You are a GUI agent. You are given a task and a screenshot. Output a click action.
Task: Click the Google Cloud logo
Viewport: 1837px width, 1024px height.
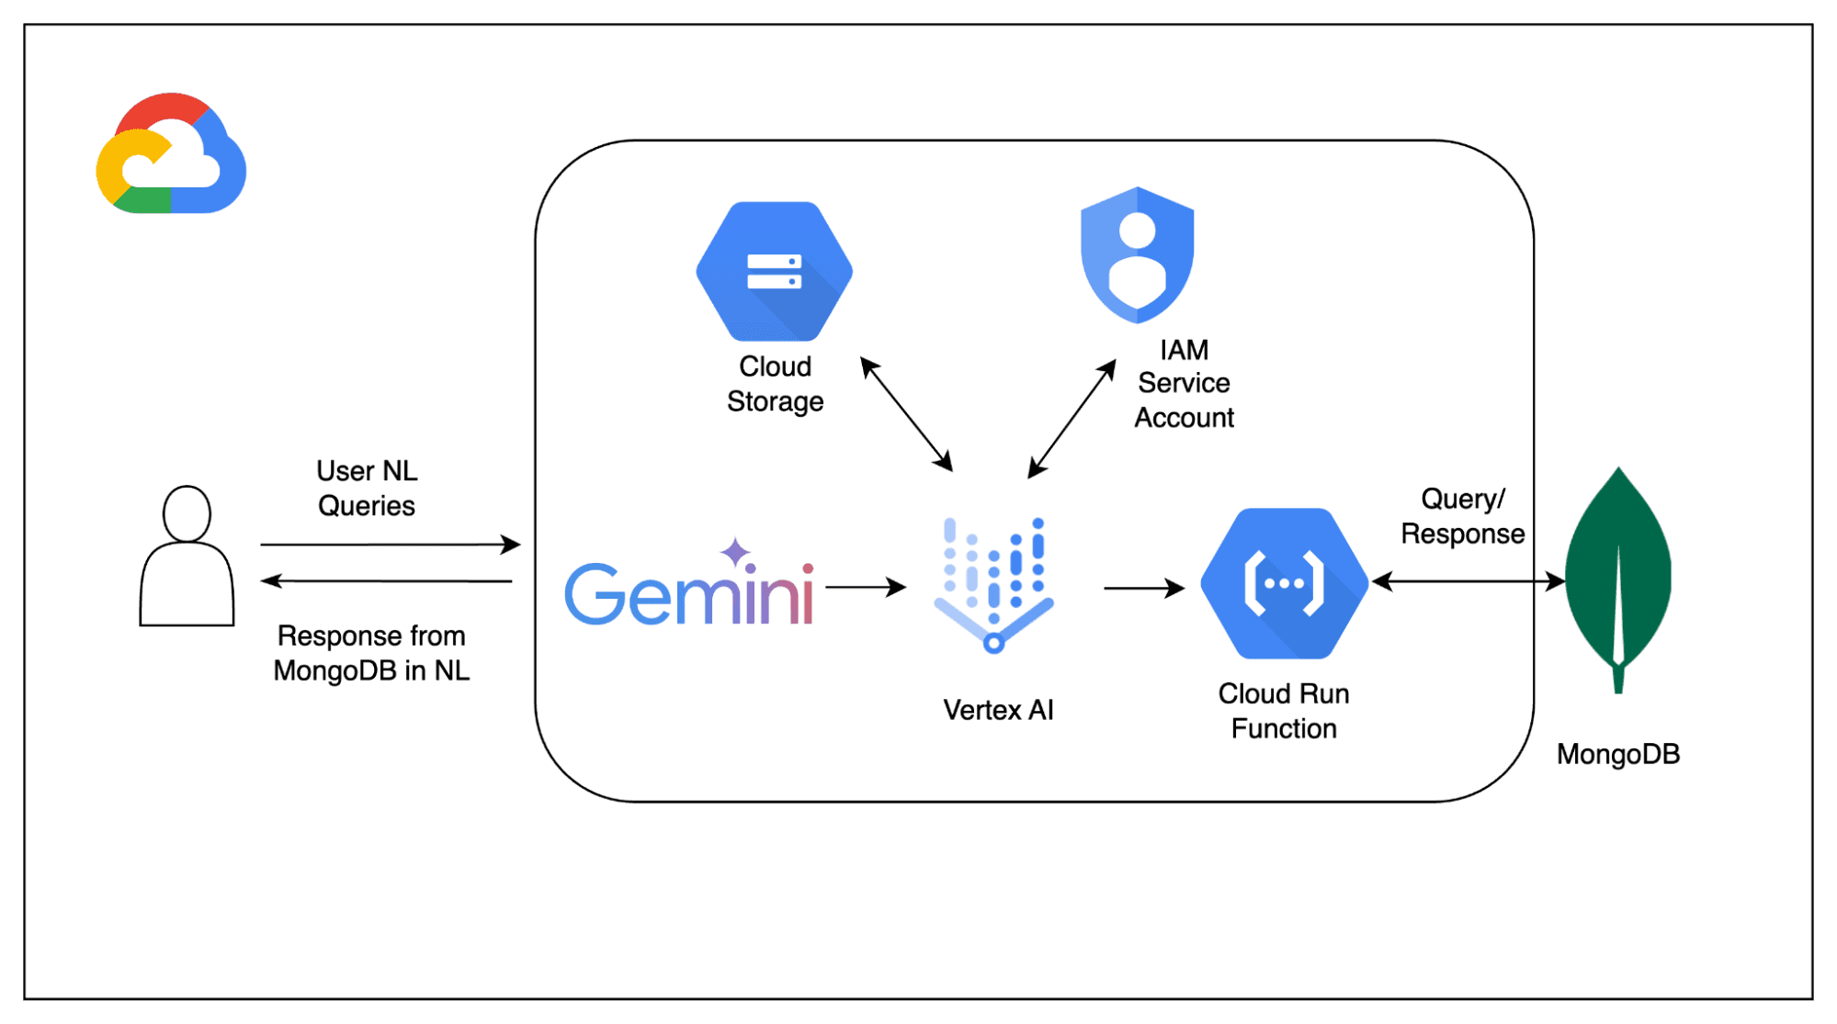pyautogui.click(x=171, y=154)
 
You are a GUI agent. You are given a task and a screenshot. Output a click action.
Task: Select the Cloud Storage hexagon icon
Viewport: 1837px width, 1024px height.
pyautogui.click(x=774, y=272)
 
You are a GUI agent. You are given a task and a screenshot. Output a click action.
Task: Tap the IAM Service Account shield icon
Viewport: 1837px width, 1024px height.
pyautogui.click(x=1138, y=255)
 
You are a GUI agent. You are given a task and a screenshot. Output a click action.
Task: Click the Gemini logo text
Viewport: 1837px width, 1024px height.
pyautogui.click(x=688, y=593)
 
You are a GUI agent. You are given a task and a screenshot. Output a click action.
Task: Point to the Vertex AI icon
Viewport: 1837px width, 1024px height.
pyautogui.click(x=994, y=584)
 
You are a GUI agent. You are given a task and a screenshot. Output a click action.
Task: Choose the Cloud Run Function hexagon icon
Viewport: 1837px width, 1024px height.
pyautogui.click(x=1284, y=583)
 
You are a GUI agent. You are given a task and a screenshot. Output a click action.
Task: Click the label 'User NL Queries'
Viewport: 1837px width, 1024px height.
pyautogui.click(x=367, y=489)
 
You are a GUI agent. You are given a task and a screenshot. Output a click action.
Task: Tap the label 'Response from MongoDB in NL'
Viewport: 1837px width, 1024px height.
pyautogui.click(x=371, y=653)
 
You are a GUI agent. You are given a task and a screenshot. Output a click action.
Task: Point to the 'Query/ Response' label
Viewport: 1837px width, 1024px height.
pyautogui.click(x=1462, y=516)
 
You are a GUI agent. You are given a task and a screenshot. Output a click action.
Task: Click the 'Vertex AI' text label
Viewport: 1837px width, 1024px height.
pyautogui.click(x=998, y=710)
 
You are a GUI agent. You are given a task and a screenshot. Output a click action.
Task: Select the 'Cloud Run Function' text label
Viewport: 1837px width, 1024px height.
pyautogui.click(x=1284, y=711)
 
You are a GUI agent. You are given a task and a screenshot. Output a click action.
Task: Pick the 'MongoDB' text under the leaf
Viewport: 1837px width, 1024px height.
pyautogui.click(x=1617, y=754)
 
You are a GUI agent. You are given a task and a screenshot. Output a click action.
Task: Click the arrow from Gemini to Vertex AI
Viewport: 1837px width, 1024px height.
pyautogui.click(x=865, y=587)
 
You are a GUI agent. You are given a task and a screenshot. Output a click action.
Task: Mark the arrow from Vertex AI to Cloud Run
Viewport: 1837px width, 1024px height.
pyautogui.click(x=1143, y=588)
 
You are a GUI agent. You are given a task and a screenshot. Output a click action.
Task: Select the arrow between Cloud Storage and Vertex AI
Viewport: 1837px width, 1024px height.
pyautogui.click(x=906, y=414)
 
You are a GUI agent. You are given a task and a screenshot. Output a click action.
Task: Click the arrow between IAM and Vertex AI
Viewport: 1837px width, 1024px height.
pyautogui.click(x=1072, y=419)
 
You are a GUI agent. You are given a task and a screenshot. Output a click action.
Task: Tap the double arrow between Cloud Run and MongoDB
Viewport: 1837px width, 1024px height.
pyautogui.click(x=1468, y=581)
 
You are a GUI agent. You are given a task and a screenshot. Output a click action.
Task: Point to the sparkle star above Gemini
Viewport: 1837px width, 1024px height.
pyautogui.click(x=734, y=552)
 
